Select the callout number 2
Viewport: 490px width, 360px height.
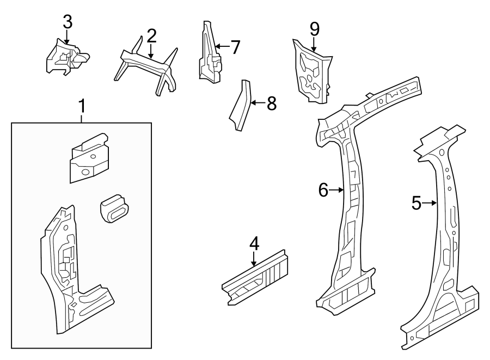[151, 36]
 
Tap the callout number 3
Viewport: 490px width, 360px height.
[67, 22]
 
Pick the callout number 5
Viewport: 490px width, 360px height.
[416, 204]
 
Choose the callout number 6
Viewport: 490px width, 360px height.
[323, 190]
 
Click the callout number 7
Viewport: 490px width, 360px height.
[235, 47]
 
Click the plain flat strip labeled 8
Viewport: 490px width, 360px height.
[240, 106]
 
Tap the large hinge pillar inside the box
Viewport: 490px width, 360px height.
[68, 272]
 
